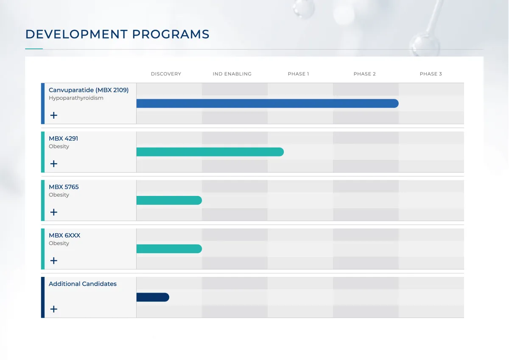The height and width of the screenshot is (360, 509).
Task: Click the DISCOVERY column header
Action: tap(166, 74)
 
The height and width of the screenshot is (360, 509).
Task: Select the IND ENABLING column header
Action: tap(232, 74)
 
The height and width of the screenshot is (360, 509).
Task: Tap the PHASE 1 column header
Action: tap(298, 74)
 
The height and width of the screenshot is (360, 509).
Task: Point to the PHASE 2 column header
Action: tap(364, 74)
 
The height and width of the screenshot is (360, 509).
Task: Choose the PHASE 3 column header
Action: tap(431, 74)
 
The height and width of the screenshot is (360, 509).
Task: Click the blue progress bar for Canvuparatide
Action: tap(268, 103)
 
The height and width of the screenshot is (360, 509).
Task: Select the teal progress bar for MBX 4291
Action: tap(210, 152)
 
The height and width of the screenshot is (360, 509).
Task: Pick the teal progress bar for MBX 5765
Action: tap(169, 200)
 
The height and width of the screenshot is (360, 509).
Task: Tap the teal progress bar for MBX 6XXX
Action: tap(169, 249)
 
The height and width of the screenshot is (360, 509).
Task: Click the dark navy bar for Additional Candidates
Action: tap(153, 297)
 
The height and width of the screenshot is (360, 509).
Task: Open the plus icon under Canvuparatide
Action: tap(53, 115)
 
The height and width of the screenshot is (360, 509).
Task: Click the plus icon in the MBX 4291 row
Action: tap(53, 164)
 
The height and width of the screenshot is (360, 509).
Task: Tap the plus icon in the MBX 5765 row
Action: tap(53, 212)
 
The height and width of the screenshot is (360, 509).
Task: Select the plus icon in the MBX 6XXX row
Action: tap(53, 260)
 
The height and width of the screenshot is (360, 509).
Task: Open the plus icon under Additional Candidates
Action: tap(53, 309)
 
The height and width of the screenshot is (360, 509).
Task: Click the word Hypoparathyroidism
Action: tap(76, 98)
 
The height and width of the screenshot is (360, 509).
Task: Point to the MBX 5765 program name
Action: tap(64, 187)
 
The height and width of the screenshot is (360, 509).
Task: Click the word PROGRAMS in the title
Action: tap(171, 34)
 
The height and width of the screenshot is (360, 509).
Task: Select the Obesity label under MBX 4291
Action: tap(59, 146)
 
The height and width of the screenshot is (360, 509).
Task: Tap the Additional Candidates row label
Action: tap(82, 284)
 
